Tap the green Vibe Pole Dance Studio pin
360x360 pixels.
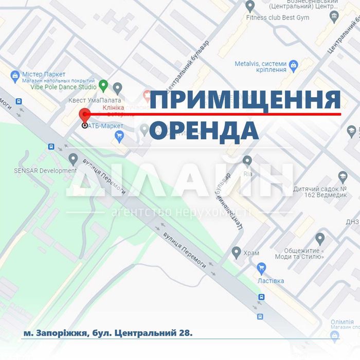coord(103,85)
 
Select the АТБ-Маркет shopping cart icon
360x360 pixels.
coord(120,136)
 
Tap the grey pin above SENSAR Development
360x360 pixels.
coord(73,158)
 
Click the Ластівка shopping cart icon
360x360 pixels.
coord(262,268)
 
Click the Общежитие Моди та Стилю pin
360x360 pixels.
coord(320,239)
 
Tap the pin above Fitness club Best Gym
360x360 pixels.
coord(250,6)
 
